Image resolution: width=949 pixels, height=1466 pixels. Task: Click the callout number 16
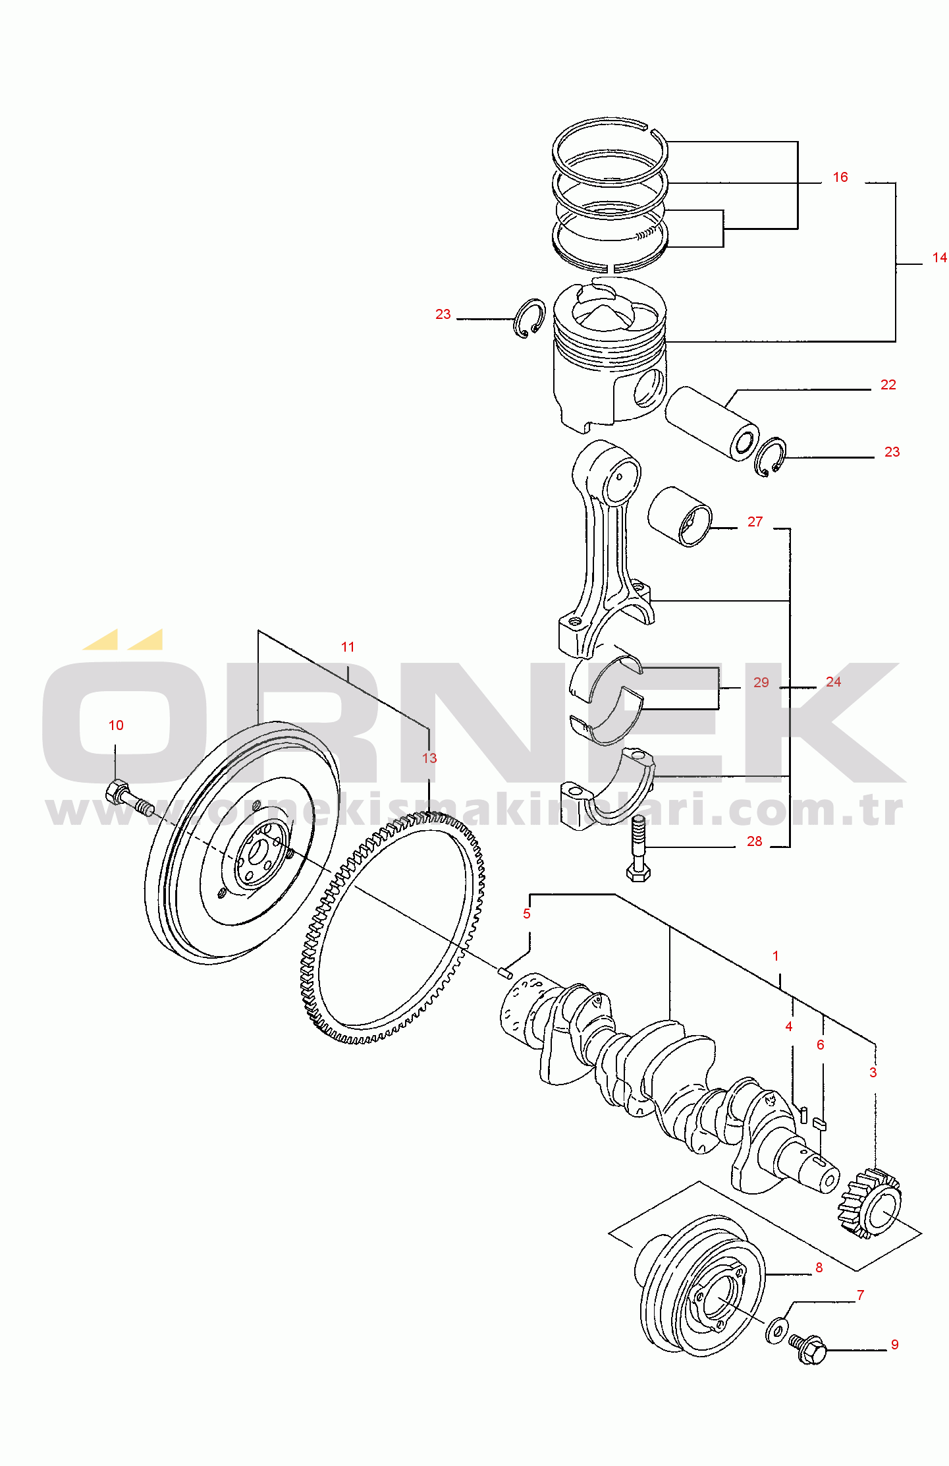[x=840, y=177]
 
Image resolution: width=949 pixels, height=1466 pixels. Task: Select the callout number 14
[x=939, y=258]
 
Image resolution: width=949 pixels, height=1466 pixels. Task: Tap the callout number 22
[x=888, y=385]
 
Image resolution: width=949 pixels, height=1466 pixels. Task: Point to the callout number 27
[x=755, y=522]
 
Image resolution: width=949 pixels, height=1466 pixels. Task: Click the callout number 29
[x=761, y=683]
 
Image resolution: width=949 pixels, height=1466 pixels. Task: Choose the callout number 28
[x=754, y=841]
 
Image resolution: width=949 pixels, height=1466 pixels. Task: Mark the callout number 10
[x=116, y=725]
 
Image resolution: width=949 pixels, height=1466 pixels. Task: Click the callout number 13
[x=429, y=758]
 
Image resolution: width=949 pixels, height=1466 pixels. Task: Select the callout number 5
[x=526, y=914]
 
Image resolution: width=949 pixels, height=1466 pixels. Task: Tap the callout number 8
[x=819, y=1268]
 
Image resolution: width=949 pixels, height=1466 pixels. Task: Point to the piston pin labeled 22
[x=711, y=423]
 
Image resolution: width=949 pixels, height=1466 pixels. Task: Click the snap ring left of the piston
[x=529, y=318]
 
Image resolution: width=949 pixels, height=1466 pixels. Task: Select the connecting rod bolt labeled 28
[x=638, y=848]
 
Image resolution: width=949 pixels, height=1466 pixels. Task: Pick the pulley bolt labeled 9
[x=808, y=1349]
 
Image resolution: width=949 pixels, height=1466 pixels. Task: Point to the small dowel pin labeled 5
[x=505, y=972]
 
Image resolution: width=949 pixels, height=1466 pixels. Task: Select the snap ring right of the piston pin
[x=770, y=457]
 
